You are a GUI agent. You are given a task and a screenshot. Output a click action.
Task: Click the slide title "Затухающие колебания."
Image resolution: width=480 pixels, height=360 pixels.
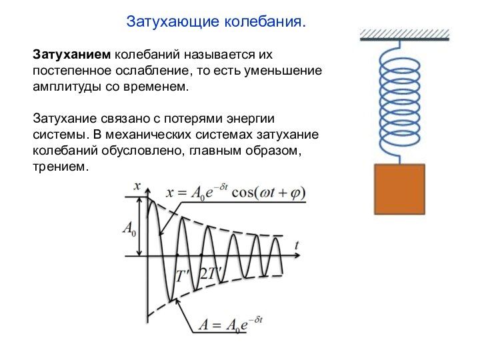217,21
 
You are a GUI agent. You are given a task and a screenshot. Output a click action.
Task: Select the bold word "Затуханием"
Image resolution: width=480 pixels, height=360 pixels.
72,54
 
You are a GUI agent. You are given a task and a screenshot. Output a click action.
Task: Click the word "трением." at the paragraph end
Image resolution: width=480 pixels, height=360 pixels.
60,167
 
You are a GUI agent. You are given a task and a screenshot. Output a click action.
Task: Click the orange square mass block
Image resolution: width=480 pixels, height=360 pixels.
399,189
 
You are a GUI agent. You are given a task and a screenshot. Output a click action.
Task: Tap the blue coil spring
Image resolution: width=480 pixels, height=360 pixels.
399,99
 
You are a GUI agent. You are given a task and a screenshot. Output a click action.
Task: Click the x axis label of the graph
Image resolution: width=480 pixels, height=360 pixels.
138,186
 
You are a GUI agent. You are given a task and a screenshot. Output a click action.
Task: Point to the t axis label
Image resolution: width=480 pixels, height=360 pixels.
297,245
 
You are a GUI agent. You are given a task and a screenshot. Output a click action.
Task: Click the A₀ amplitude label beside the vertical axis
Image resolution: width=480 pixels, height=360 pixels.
129,229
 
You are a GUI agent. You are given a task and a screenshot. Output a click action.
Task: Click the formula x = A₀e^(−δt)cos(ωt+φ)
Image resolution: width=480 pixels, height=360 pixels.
235,193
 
